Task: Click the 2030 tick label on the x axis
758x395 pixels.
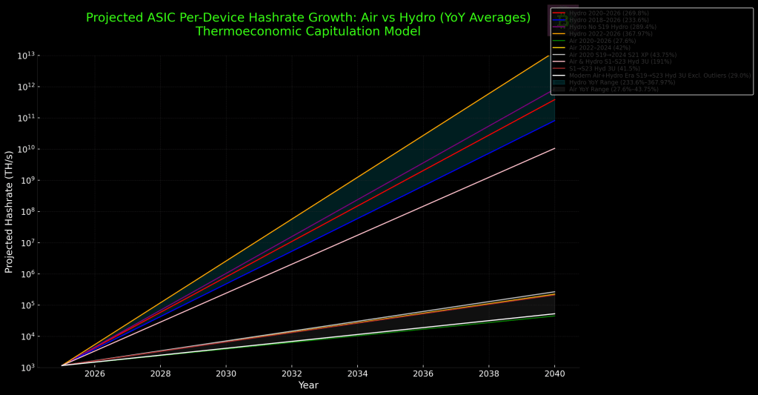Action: point(226,374)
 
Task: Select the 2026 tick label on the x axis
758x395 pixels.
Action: point(95,374)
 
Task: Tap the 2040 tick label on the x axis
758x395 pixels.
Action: point(554,374)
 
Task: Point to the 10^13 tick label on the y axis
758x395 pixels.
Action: point(27,56)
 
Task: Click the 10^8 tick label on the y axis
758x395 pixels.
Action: point(27,212)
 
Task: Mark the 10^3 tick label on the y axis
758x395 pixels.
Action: point(27,368)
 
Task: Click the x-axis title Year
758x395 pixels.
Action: point(308,385)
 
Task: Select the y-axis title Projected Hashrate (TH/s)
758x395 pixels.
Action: point(10,211)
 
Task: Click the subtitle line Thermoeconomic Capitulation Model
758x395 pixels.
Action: point(308,32)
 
